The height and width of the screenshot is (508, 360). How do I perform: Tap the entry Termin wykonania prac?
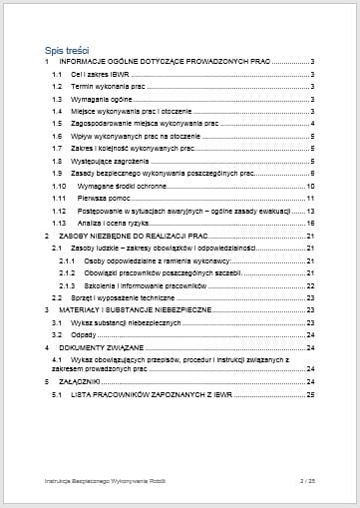pos(104,87)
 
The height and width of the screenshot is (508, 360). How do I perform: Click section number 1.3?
pos(57,100)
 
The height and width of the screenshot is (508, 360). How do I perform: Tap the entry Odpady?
pos(85,334)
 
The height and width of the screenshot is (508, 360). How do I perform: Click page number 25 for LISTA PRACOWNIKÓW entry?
pos(311,395)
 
